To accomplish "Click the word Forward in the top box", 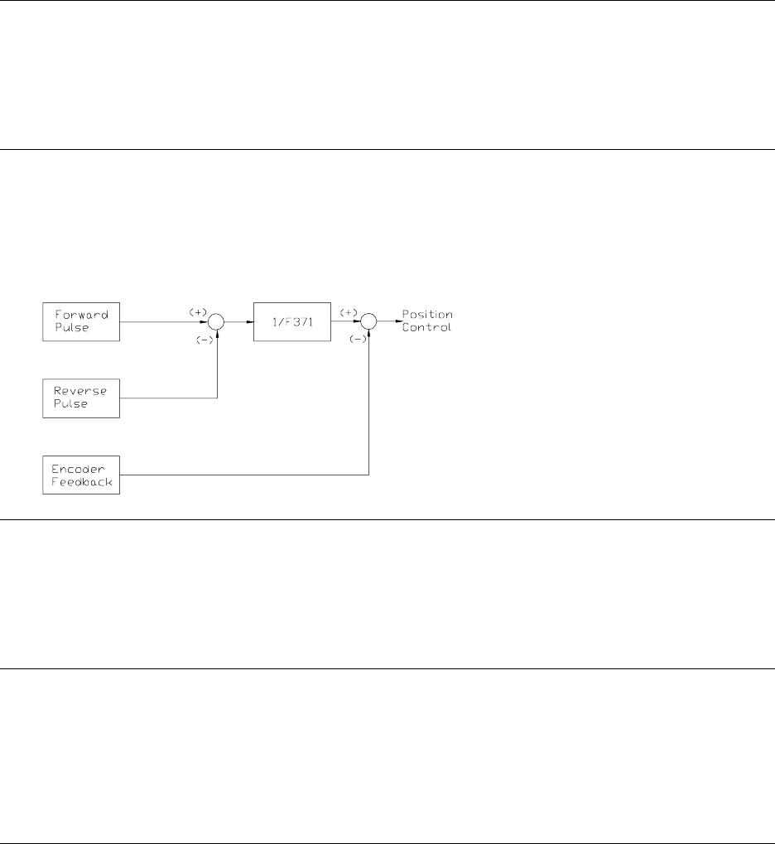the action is pyautogui.click(x=76, y=315).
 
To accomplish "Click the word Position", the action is pyautogui.click(x=427, y=315).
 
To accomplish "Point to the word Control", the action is pyautogui.click(x=427, y=327).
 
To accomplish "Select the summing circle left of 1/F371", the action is pyautogui.click(x=216, y=321).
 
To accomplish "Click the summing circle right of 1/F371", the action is pyautogui.click(x=368, y=321).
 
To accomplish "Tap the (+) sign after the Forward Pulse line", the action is pyautogui.click(x=197, y=311).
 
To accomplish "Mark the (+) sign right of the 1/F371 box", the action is pyautogui.click(x=349, y=311).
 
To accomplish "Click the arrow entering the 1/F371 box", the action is pyautogui.click(x=249, y=321).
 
